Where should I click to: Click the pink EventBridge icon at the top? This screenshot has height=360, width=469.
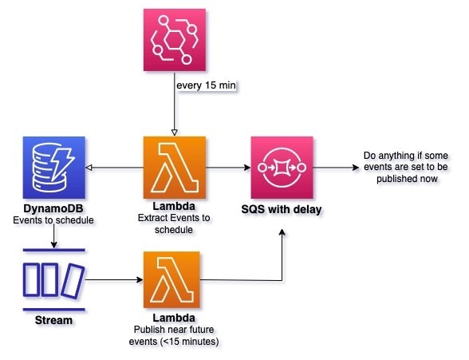click(x=175, y=40)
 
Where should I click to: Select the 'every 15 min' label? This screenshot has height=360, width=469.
click(x=206, y=85)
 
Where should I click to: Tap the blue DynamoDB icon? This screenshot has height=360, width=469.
click(x=54, y=168)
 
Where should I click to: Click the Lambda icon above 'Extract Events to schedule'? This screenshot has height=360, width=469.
click(x=175, y=168)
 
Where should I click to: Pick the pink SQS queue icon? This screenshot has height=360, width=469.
click(x=282, y=168)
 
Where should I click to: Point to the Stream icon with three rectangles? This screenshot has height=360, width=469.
click(x=54, y=280)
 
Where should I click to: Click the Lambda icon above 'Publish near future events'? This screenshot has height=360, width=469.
click(x=171, y=280)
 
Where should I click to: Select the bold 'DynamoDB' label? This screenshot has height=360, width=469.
click(x=53, y=208)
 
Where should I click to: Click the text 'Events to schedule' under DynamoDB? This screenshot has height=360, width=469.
click(x=53, y=220)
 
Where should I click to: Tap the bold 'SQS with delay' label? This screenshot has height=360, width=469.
click(x=282, y=209)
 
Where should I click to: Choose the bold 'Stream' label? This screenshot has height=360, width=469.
click(x=53, y=320)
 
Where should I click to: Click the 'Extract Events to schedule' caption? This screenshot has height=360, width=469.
click(x=174, y=224)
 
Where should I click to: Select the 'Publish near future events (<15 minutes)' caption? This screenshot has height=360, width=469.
click(x=174, y=335)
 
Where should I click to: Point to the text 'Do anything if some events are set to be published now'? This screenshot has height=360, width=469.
click(x=406, y=167)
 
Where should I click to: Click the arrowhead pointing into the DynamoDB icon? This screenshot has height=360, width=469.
click(x=89, y=168)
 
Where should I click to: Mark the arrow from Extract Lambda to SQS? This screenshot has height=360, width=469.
click(x=228, y=168)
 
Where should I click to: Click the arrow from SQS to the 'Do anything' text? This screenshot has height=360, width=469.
click(x=336, y=168)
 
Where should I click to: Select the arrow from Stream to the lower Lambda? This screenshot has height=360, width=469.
click(x=114, y=280)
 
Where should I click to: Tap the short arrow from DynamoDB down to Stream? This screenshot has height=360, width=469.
click(x=54, y=236)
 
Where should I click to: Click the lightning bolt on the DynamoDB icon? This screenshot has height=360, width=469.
click(x=63, y=163)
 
